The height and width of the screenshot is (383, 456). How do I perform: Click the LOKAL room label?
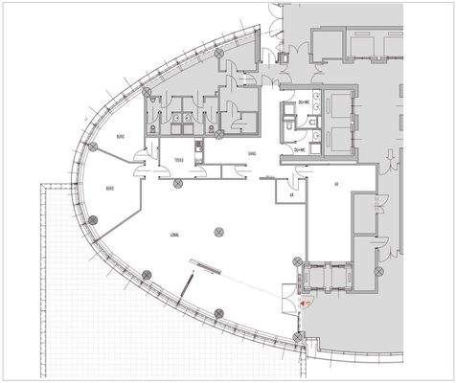[x=174, y=234]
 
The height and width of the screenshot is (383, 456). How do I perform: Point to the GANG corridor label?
[x=252, y=153]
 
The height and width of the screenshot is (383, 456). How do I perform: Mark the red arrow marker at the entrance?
[x=306, y=300]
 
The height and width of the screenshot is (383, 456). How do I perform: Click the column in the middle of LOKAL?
[x=220, y=230]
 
